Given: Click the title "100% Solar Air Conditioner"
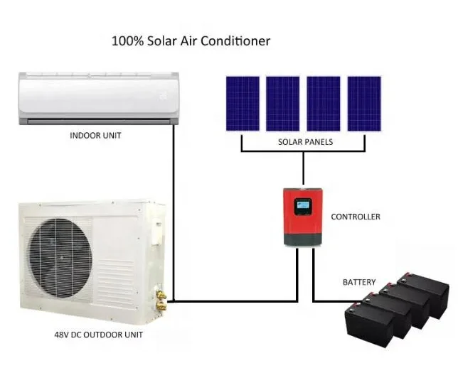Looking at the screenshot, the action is pos(191,40).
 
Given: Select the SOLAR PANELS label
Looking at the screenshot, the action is pos(305,142).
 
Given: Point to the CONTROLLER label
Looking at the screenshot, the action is pos(356,217).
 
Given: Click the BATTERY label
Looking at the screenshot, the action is pos(359,282).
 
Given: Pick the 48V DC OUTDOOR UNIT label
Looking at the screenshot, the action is pos(97,335).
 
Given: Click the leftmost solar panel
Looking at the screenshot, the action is pos(242,104).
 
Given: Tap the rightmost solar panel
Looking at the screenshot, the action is pos(364,104).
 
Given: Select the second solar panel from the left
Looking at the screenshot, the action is pos(282,104).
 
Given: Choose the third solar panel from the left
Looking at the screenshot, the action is pos(324,104).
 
